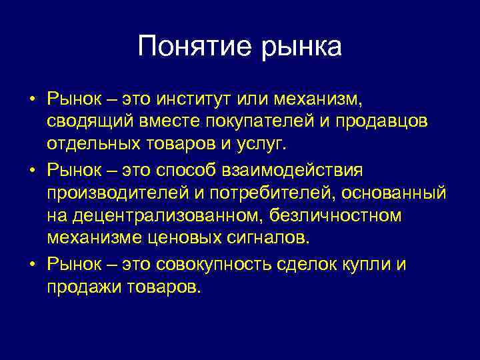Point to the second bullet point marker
point(32,170)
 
